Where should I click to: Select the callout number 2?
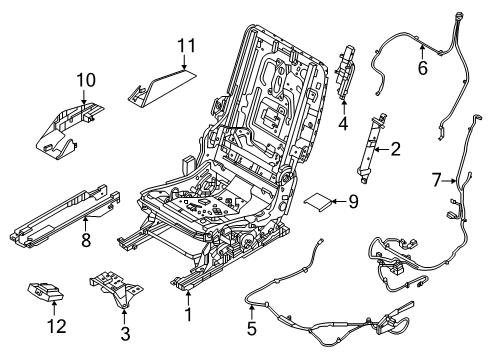(x=395, y=150)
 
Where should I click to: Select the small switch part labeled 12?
(x=44, y=293)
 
